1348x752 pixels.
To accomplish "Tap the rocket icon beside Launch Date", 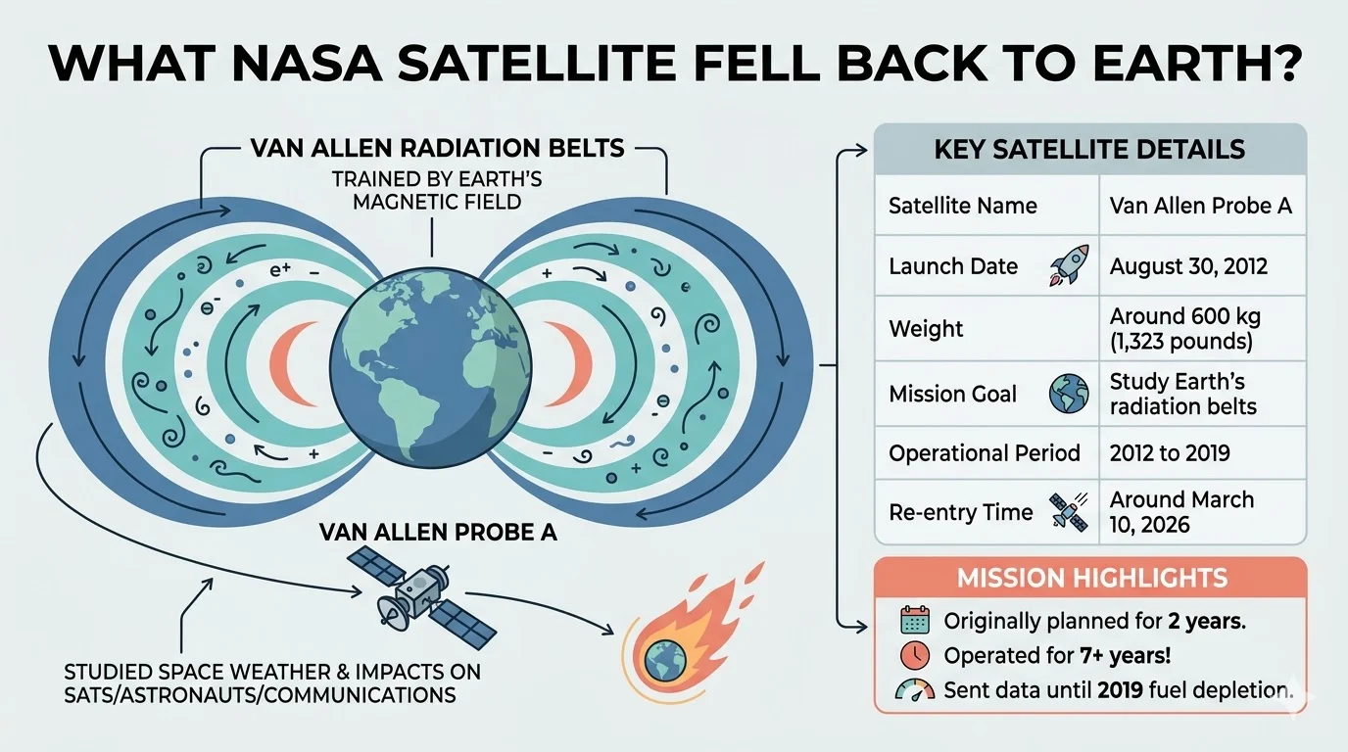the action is point(1070,264).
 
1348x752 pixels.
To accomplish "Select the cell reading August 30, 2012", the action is point(1188,266).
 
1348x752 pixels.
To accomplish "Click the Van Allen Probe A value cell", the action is point(1201,206).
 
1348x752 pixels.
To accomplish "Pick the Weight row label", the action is point(926,328).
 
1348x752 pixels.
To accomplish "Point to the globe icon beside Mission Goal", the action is point(1069,394).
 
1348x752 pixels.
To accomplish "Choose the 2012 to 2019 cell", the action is point(1170,453).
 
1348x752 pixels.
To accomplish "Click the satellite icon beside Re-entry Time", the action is point(1069,512).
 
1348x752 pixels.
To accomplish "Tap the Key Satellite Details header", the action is point(1089,149).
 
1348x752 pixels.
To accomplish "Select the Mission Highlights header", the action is point(1091,578).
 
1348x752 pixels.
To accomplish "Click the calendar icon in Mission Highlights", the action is point(915,620).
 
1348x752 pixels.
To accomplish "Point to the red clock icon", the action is point(915,655).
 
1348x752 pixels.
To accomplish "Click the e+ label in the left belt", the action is point(280,269).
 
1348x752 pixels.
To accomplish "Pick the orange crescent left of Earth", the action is point(291,364).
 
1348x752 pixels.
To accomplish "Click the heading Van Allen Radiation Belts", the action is point(438,148).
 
